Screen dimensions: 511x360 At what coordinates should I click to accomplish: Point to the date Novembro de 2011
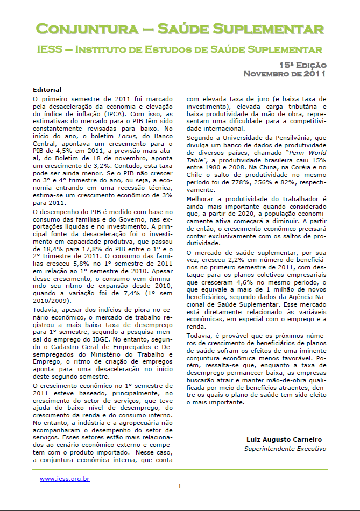click(x=285, y=74)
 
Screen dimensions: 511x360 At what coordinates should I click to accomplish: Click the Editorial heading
click(x=47, y=89)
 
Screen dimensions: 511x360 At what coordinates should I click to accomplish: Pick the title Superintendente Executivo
click(x=285, y=449)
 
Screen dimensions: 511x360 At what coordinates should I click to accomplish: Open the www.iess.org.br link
click(x=65, y=478)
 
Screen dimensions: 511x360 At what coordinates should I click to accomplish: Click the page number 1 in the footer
click(x=180, y=487)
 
